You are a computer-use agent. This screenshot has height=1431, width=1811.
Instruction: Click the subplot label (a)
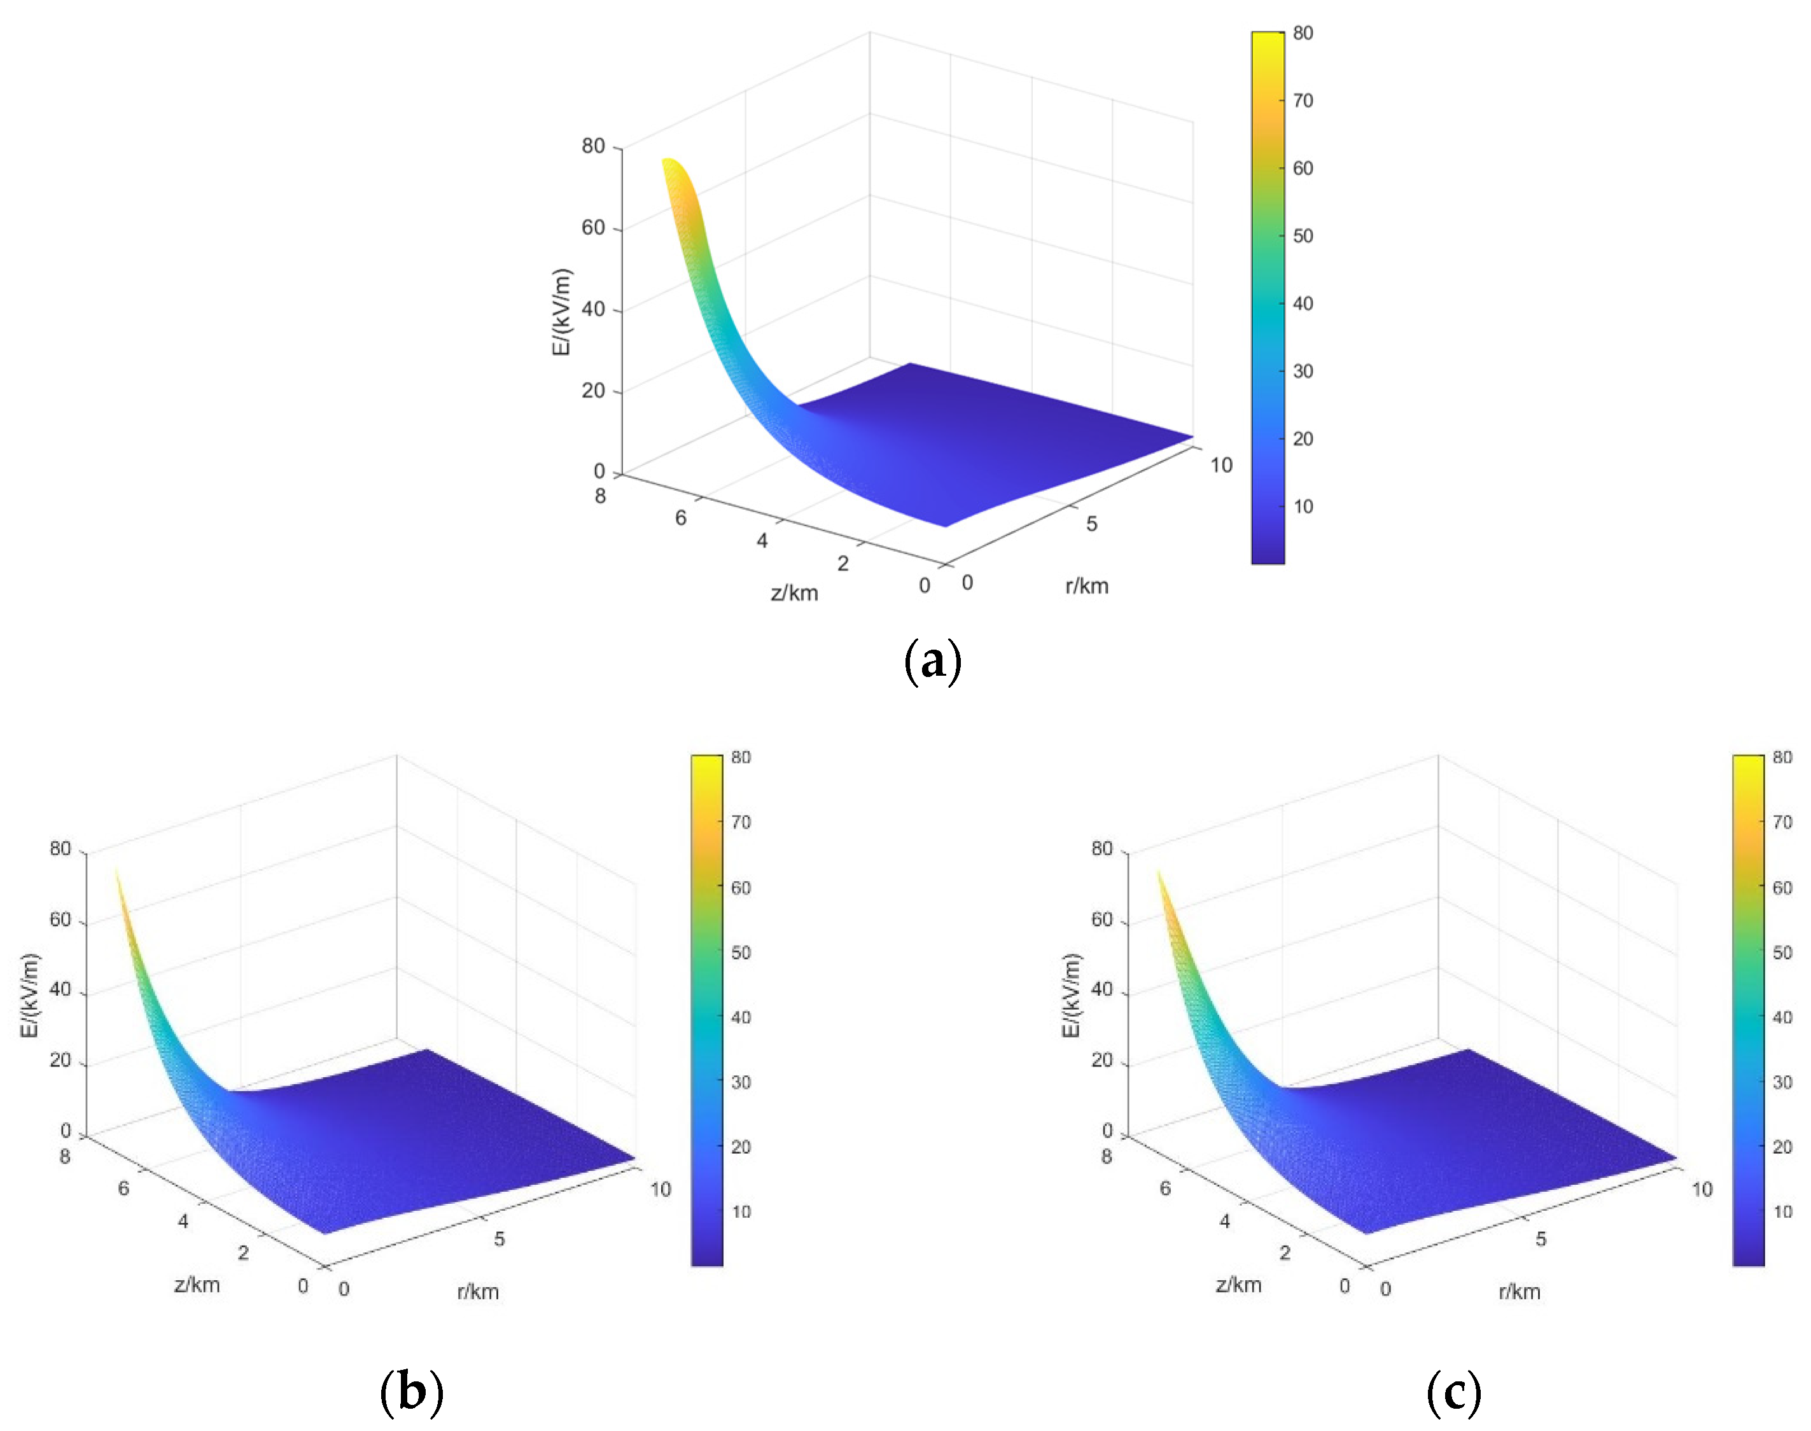point(932,662)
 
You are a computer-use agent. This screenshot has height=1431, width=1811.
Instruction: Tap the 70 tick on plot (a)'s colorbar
point(1303,101)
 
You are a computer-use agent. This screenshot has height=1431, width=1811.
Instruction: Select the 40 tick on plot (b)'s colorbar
point(741,1017)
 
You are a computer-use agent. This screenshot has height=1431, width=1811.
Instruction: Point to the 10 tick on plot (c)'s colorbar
point(1782,1211)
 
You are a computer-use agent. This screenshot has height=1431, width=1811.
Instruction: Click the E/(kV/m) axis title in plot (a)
point(561,312)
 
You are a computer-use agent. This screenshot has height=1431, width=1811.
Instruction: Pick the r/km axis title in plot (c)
point(1520,1291)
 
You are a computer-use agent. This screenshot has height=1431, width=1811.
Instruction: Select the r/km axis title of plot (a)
point(1086,585)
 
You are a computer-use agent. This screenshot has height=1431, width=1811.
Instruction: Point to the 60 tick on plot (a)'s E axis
point(593,228)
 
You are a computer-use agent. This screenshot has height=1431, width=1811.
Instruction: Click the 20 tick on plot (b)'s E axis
point(60,1060)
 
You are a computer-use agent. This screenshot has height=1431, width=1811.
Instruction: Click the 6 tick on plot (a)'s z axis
point(681,518)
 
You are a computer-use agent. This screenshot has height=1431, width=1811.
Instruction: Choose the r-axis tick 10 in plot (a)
point(1220,465)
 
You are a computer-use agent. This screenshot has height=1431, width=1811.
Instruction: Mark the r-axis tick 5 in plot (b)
point(500,1238)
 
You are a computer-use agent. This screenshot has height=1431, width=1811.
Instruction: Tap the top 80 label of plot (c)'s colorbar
point(1782,757)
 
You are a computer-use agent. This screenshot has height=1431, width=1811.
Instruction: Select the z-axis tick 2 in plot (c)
point(1285,1253)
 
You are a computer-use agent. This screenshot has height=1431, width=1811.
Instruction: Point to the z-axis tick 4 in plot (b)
point(183,1220)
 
